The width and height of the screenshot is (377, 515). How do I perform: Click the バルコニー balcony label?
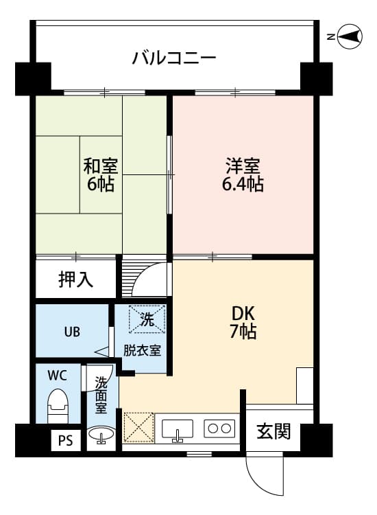(174, 57)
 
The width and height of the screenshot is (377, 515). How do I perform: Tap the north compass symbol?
(350, 37)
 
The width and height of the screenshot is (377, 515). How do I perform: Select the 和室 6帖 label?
(100, 175)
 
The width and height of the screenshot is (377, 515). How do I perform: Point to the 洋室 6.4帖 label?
(243, 175)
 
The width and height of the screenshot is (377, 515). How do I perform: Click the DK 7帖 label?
(243, 321)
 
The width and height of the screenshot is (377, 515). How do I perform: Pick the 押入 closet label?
(76, 279)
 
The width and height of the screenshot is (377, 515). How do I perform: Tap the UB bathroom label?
(72, 332)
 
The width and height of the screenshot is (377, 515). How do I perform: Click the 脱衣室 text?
(142, 350)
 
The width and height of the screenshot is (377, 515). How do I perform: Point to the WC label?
(57, 376)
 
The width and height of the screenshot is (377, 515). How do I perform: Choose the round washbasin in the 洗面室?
(101, 435)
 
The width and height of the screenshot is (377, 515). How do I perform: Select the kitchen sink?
(178, 428)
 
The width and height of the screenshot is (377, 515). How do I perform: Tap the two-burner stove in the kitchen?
(219, 428)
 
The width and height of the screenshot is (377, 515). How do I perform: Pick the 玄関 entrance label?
(273, 431)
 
